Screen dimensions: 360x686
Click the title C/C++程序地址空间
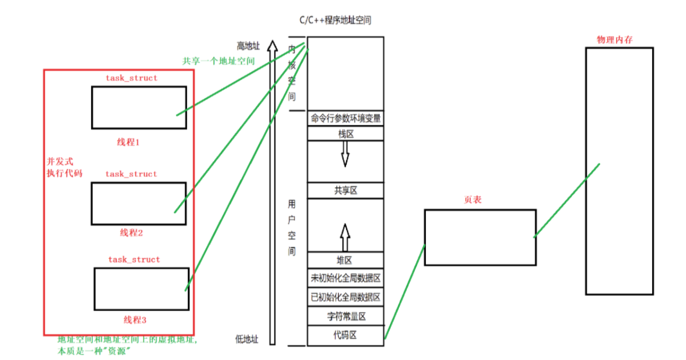click(x=334, y=20)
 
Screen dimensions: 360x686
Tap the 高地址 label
click(x=248, y=47)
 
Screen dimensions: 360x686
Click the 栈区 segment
click(x=345, y=134)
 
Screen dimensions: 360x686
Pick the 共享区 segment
click(x=345, y=190)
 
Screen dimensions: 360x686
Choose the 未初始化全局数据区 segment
click(x=345, y=278)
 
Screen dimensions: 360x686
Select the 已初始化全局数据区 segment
click(x=345, y=297)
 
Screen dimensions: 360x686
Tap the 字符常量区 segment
click(x=345, y=317)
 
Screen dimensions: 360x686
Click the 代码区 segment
click(x=345, y=335)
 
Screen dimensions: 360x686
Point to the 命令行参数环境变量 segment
click(x=345, y=118)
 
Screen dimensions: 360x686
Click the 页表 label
click(x=472, y=200)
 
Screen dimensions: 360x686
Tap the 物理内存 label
click(x=614, y=39)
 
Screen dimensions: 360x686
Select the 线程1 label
click(x=129, y=142)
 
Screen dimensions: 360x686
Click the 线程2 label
click(x=131, y=233)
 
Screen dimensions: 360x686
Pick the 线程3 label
click(x=135, y=320)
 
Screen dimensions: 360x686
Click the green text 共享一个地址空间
click(x=218, y=61)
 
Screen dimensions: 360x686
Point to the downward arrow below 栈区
click(x=345, y=153)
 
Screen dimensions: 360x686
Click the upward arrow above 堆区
click(x=345, y=237)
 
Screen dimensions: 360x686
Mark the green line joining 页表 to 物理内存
click(x=567, y=200)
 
